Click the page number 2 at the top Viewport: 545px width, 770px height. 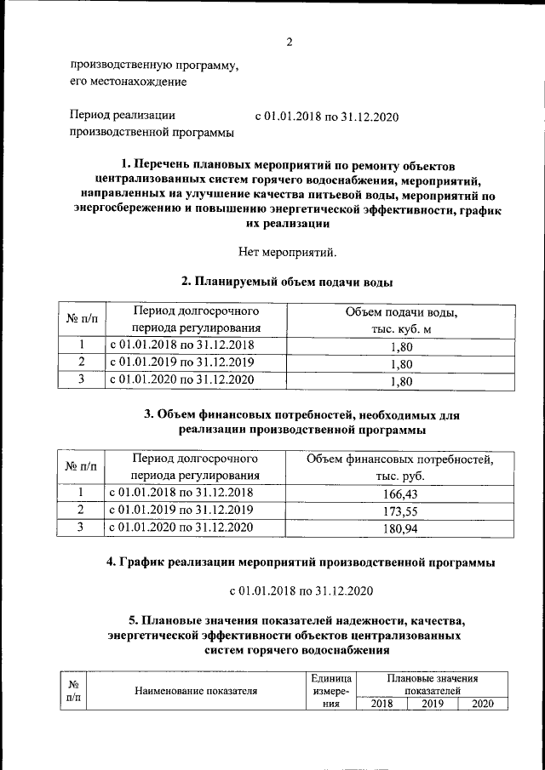coord(289,42)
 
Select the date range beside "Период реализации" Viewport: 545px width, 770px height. coord(328,117)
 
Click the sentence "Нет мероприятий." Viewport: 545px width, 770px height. coord(289,251)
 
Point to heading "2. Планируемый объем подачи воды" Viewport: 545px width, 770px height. coord(288,282)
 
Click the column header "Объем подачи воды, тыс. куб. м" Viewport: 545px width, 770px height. coord(400,321)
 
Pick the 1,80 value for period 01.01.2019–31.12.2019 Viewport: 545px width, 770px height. coord(400,364)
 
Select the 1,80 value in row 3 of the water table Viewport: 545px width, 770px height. coord(400,382)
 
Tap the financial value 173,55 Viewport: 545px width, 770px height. coord(400,511)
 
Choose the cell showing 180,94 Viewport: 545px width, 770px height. coord(400,529)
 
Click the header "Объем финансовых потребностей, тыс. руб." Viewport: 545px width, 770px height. coord(400,467)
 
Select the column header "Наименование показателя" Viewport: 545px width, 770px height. coord(196,691)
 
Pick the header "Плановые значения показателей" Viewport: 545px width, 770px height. coord(433,685)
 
